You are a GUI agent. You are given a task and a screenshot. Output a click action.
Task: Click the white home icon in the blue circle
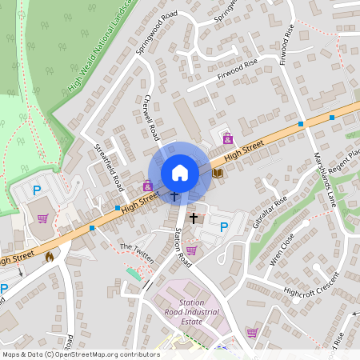(180, 172)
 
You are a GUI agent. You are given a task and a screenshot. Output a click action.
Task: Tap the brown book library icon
(218, 172)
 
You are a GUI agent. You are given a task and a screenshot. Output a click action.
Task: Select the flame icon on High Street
(50, 257)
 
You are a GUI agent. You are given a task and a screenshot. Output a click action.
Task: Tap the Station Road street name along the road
(183, 248)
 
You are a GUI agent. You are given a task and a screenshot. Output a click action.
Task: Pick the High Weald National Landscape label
(100, 48)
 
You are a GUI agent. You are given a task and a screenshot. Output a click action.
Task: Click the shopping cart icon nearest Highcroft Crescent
(252, 332)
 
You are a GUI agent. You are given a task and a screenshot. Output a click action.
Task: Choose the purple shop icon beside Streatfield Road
(147, 186)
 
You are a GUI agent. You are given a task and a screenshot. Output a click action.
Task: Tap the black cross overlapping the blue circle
(174, 194)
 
